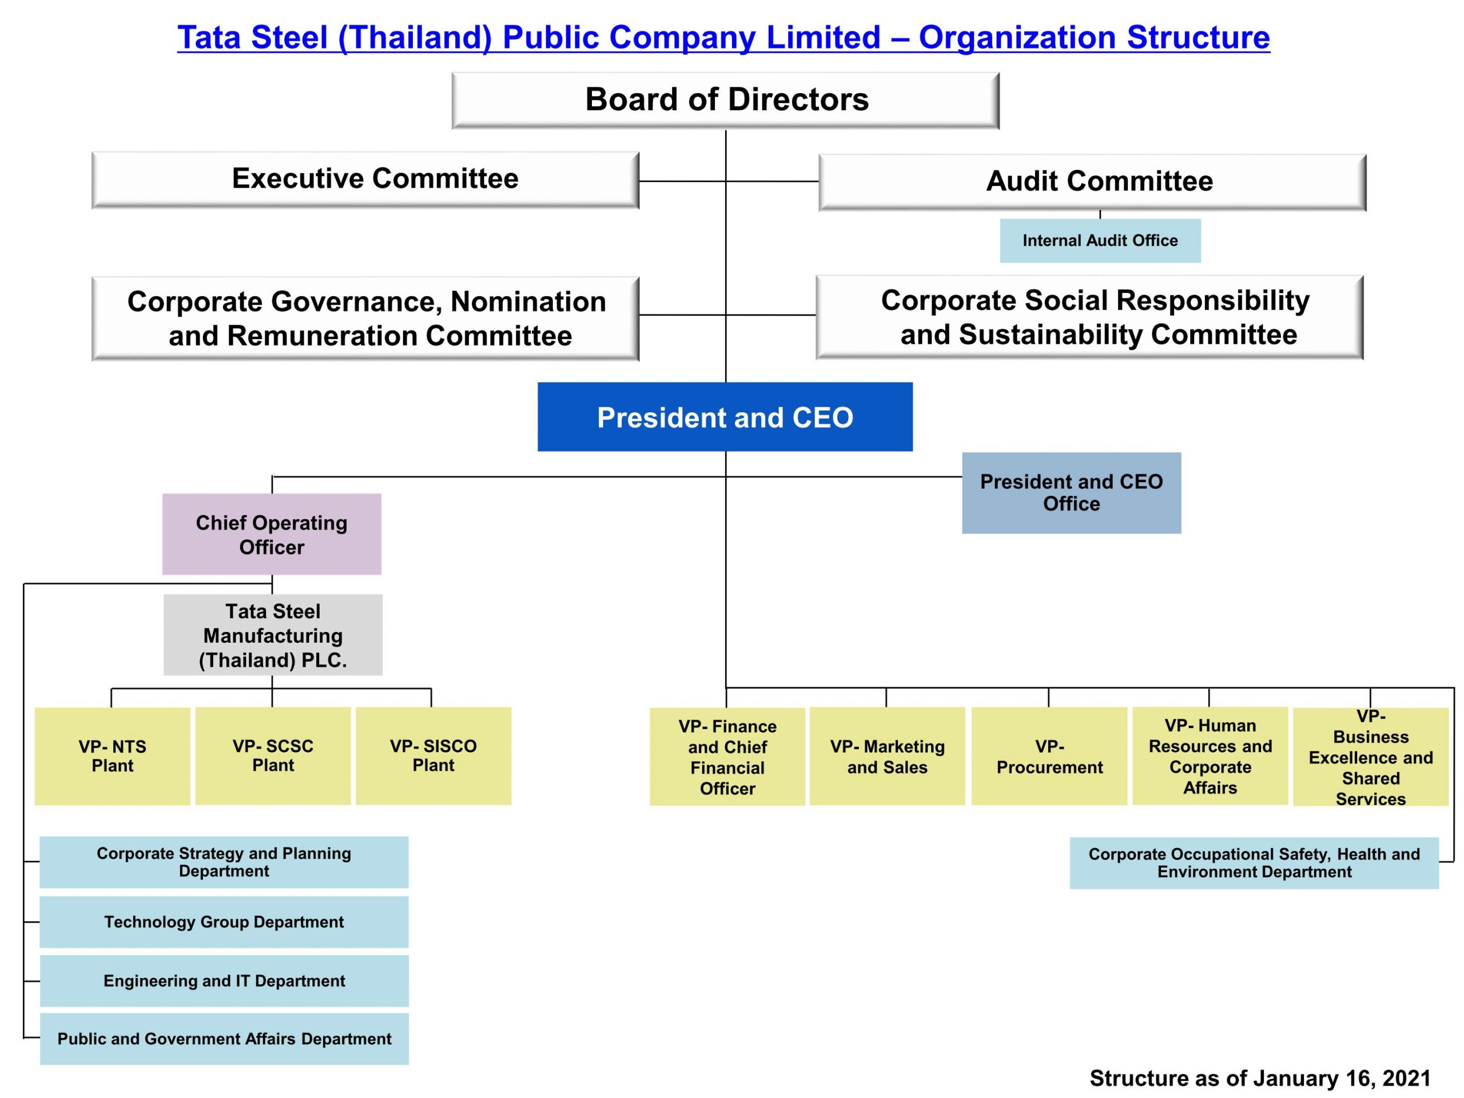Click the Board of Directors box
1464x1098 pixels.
click(725, 101)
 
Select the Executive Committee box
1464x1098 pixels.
click(365, 180)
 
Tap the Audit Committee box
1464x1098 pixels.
click(1093, 182)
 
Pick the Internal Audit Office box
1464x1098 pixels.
click(1100, 241)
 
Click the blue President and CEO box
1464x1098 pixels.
click(725, 417)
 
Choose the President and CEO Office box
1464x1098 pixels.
click(1072, 493)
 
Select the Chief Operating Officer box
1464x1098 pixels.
click(272, 534)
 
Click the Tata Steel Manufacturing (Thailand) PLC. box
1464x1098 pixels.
click(273, 635)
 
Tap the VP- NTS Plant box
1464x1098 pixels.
click(113, 757)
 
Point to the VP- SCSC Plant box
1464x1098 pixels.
click(273, 756)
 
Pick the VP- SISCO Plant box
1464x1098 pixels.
click(433, 756)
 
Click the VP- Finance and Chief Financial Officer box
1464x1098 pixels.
click(727, 757)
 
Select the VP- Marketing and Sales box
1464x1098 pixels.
click(888, 756)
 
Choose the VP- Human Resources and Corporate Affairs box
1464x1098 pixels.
click(1211, 756)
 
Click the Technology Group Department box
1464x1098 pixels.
click(224, 922)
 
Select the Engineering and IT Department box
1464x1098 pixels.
click(224, 981)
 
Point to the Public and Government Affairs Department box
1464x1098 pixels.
click(224, 1039)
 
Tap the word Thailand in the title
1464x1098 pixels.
click(415, 38)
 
